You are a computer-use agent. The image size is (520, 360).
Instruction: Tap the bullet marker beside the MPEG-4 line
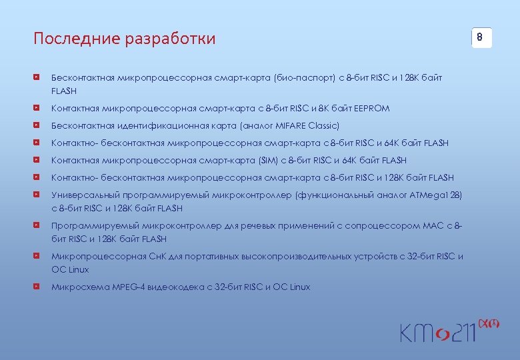click(41, 287)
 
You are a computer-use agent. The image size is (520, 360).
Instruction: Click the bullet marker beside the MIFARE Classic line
click(41, 125)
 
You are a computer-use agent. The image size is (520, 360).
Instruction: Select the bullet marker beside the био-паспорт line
click(41, 78)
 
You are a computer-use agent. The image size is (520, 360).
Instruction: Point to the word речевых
click(242, 225)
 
